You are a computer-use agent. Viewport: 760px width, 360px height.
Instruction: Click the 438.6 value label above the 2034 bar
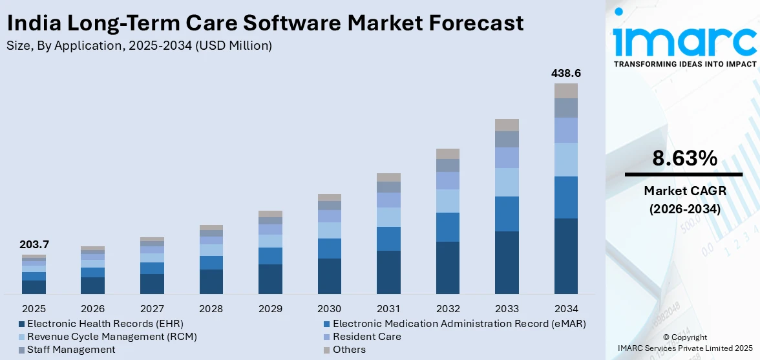(x=565, y=74)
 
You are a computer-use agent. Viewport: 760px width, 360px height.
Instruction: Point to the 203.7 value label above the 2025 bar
(x=34, y=245)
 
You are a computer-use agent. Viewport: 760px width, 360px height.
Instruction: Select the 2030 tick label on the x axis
(x=329, y=308)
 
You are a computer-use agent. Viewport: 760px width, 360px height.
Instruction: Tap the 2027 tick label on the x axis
(x=152, y=308)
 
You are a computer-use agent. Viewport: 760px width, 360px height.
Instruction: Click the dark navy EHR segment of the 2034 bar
(x=565, y=256)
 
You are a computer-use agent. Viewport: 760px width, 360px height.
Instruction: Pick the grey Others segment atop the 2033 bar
(x=507, y=125)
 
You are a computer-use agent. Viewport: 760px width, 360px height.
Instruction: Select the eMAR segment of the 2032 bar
(x=447, y=227)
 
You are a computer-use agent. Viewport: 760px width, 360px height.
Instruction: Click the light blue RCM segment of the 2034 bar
(x=565, y=159)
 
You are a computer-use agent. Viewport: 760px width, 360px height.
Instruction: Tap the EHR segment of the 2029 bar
(x=270, y=279)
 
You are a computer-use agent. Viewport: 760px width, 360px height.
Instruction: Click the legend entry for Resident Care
(x=366, y=337)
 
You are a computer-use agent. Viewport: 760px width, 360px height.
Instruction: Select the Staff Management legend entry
(x=71, y=350)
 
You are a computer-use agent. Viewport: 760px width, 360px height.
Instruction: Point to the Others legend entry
(x=349, y=350)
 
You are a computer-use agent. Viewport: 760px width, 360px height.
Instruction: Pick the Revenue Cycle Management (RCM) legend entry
(x=112, y=337)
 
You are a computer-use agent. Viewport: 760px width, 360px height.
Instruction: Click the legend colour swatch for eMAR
(x=326, y=323)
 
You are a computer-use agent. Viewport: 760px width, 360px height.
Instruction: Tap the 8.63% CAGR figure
(x=684, y=158)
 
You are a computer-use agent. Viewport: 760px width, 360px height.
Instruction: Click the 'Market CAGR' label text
(x=684, y=191)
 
